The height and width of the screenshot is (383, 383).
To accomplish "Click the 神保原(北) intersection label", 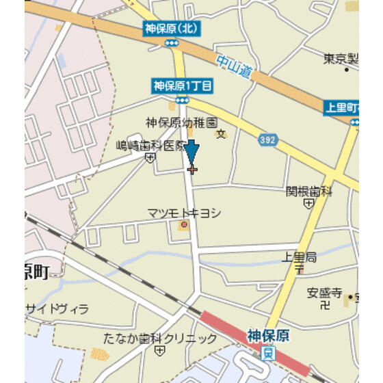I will click(x=171, y=29).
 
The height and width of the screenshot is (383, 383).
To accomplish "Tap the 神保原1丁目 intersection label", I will click(x=182, y=86).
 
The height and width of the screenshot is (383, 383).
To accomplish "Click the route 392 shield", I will click(x=268, y=140).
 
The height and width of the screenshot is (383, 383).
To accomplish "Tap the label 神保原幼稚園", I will click(x=181, y=122).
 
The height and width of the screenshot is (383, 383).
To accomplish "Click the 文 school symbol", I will click(x=220, y=133).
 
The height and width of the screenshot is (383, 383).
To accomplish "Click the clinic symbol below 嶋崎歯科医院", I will click(x=150, y=158).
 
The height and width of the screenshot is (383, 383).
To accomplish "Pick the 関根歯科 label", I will click(x=308, y=191).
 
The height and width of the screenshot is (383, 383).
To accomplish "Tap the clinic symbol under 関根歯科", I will click(x=309, y=203).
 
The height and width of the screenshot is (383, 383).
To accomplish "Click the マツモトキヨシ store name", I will click(x=184, y=213).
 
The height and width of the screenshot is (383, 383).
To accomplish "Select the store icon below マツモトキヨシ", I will click(x=183, y=225).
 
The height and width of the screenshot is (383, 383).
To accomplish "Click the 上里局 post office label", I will click(x=300, y=256).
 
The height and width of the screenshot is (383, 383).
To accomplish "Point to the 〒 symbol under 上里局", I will click(x=299, y=269).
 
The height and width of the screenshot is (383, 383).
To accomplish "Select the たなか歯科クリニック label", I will click(x=161, y=339).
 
